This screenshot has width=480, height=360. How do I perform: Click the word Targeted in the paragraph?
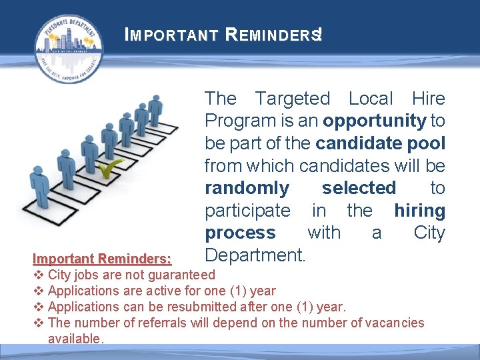tap(293, 99)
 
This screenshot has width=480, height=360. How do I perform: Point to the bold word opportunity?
tap(374, 121)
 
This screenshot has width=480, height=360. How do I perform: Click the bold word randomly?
tap(247, 188)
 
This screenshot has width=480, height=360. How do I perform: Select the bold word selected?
tap(359, 188)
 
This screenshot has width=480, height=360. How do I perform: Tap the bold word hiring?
tap(419, 211)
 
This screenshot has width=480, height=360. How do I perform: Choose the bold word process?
tap(240, 233)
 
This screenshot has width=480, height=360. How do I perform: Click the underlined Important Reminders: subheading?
tap(102, 259)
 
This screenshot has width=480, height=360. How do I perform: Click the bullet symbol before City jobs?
tap(39, 275)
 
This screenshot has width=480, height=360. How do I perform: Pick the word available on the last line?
tap(73, 339)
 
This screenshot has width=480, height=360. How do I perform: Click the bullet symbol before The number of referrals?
tap(39, 323)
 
